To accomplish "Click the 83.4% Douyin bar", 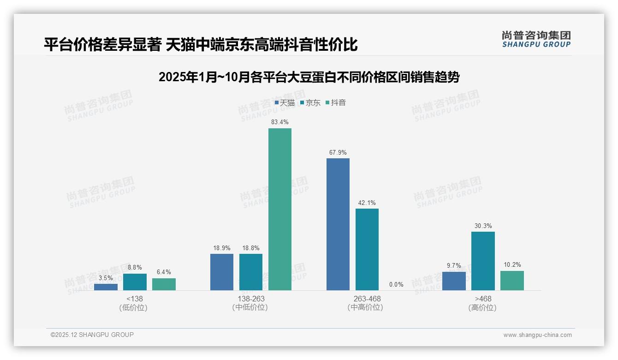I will [280, 209].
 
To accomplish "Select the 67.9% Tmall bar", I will [338, 224].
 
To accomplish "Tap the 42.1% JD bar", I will [367, 249].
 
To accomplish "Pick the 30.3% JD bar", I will [483, 261].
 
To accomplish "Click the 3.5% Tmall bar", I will [106, 287].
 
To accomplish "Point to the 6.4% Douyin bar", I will [164, 284].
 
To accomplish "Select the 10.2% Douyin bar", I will [512, 281].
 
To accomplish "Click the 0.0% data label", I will [396, 285].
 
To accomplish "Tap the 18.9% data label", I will [222, 248].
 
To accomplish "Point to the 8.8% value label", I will [135, 268].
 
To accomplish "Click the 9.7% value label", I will [454, 266].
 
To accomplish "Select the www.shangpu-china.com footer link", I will [537, 335].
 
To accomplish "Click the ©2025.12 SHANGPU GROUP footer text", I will [92, 335].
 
